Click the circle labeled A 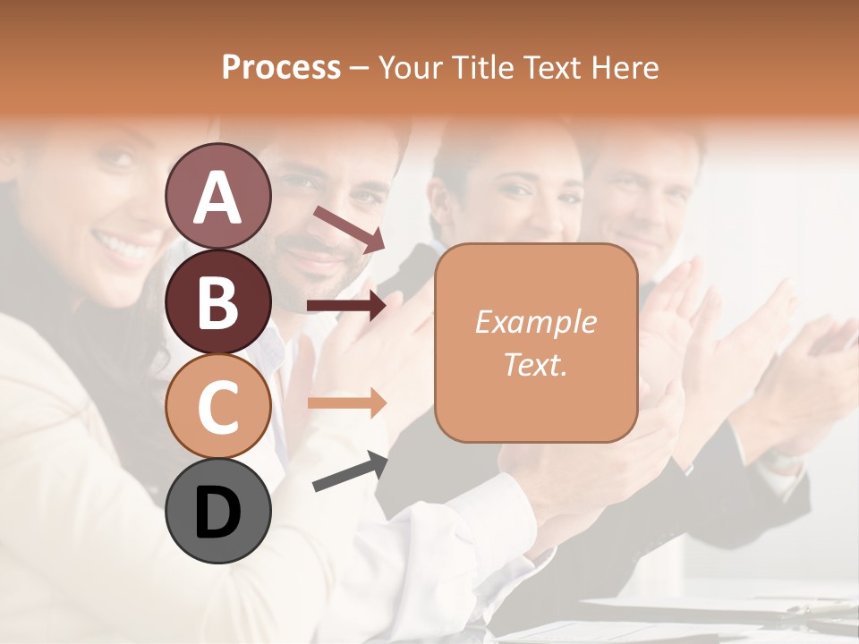(x=218, y=197)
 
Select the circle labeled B (x=218, y=301)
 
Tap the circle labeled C (x=218, y=406)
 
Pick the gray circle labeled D (x=218, y=511)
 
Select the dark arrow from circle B (x=347, y=306)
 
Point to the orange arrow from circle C (x=347, y=402)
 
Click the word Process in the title (x=281, y=67)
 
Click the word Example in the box (x=535, y=322)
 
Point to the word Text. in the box (x=535, y=364)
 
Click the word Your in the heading (x=411, y=67)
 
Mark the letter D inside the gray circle (x=218, y=513)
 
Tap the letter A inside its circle (x=218, y=198)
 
